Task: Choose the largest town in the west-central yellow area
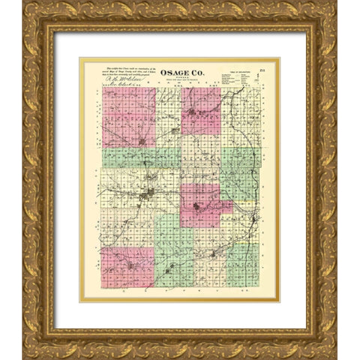(149, 194)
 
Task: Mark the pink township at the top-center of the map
(200, 110)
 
